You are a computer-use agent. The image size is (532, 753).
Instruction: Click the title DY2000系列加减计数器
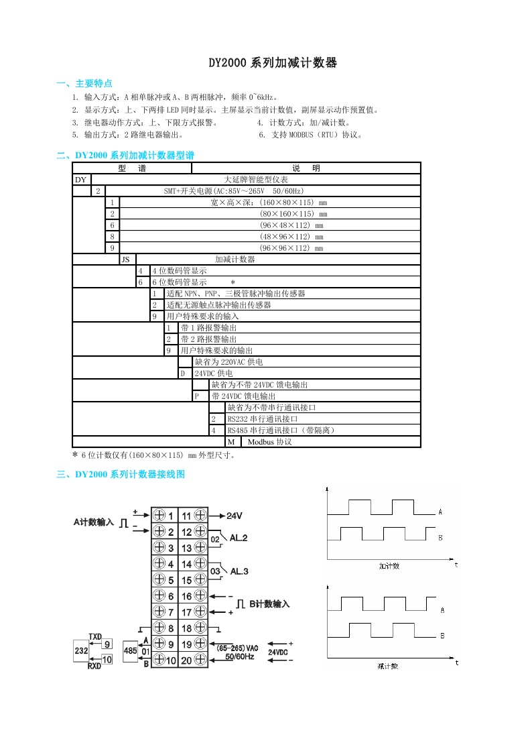point(272,64)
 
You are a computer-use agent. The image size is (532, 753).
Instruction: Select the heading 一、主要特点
point(84,84)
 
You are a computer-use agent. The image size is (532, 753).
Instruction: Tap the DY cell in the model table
point(81,180)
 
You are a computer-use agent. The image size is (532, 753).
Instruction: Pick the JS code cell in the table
point(125,259)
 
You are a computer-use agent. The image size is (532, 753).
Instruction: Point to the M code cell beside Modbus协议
point(231,442)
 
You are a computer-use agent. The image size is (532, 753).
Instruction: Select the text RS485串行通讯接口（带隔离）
point(281,430)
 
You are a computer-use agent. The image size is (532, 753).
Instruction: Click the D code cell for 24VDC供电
point(182,373)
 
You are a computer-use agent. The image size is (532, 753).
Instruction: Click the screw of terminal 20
point(200,660)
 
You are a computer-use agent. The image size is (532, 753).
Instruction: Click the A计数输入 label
point(94,522)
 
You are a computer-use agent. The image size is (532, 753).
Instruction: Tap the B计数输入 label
point(269,604)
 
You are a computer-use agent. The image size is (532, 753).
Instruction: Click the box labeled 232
point(81,650)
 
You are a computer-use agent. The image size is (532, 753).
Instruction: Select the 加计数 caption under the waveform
point(389,566)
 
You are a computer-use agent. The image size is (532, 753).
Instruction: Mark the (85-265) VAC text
point(237,648)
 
